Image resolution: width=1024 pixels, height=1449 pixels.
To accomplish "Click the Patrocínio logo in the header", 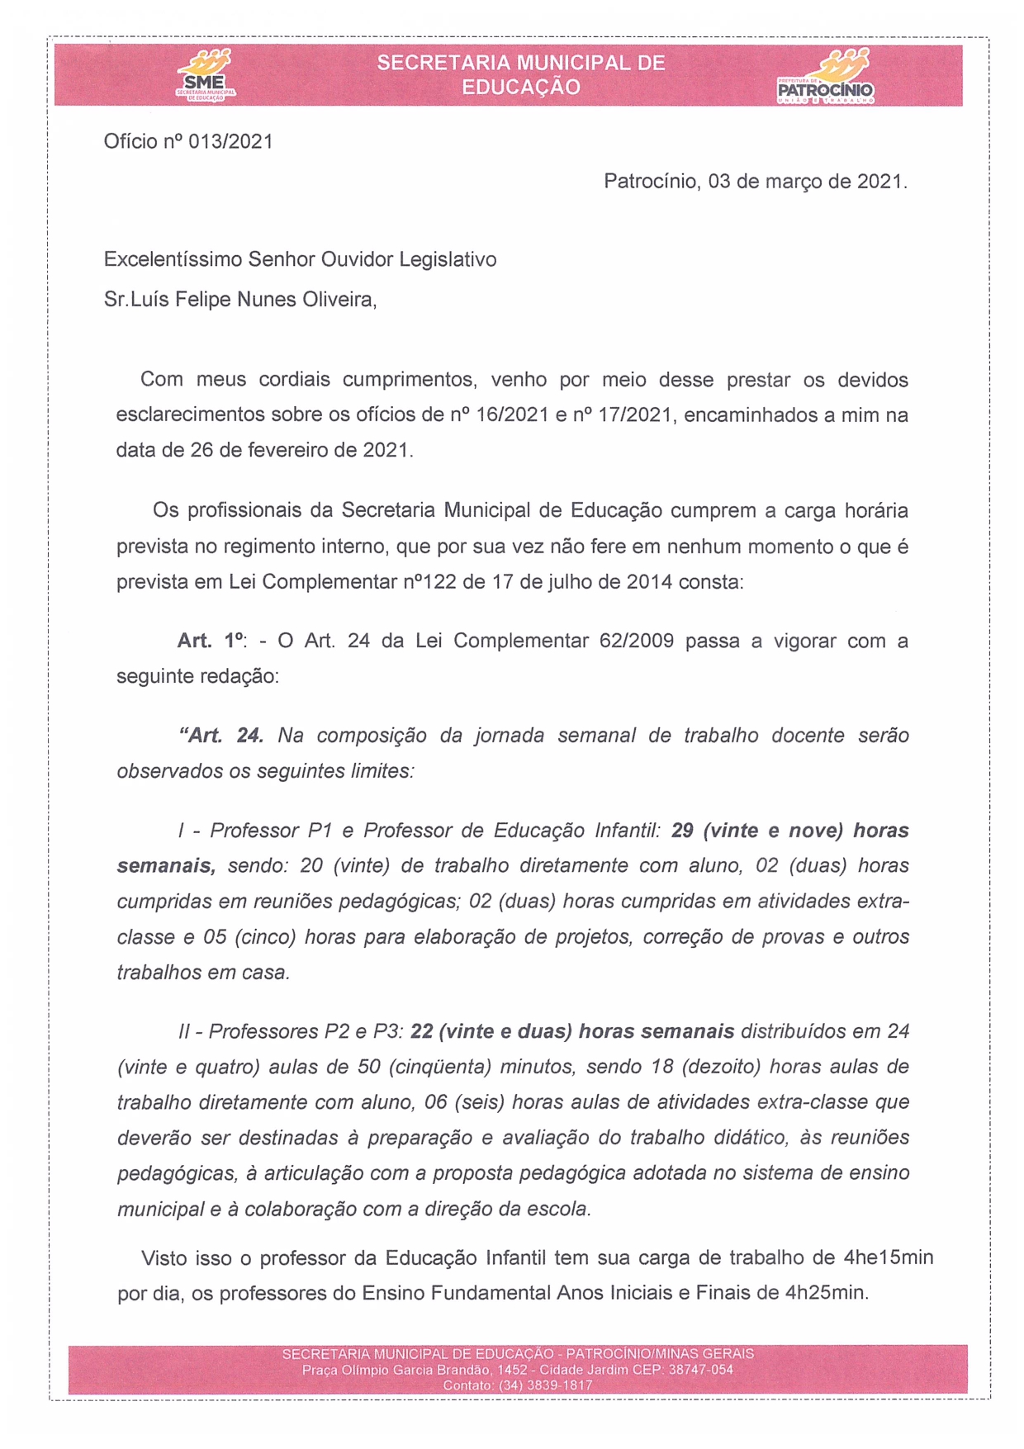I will click(x=826, y=77).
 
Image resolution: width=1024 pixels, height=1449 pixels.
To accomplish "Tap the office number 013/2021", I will click(x=230, y=142).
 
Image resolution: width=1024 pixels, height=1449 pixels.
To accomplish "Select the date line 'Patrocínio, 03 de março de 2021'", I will click(x=755, y=182).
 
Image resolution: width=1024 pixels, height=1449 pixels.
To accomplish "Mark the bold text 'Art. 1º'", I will click(x=211, y=641).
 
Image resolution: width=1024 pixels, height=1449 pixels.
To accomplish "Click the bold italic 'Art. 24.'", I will click(x=221, y=736).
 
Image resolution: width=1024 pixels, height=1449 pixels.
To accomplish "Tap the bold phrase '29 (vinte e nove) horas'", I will click(x=789, y=831).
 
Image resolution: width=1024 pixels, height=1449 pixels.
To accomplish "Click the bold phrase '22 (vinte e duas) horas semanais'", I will click(x=571, y=1032).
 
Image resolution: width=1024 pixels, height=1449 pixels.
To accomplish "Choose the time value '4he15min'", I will click(x=888, y=1258).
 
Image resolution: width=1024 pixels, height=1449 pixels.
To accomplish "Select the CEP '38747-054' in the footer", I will click(x=700, y=1370).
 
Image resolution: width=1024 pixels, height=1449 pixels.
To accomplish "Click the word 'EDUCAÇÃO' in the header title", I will click(x=520, y=88).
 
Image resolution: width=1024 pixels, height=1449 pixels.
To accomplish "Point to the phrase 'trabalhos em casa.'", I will click(x=203, y=973).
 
